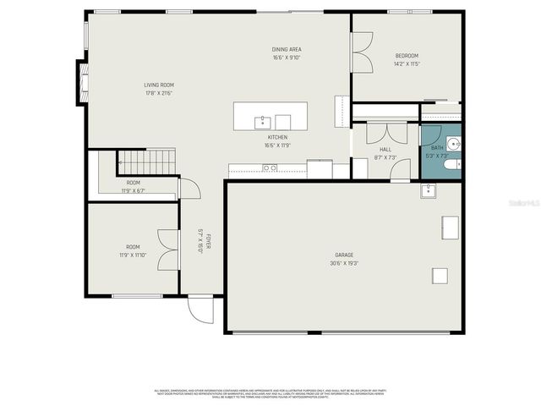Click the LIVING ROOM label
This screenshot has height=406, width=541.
pyautogui.click(x=158, y=85)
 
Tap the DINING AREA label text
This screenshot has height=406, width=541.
pyautogui.click(x=287, y=49)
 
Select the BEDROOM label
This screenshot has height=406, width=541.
pyautogui.click(x=407, y=56)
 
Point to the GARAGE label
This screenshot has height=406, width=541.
pyautogui.click(x=344, y=255)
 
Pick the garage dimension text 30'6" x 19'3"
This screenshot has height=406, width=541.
pyautogui.click(x=344, y=263)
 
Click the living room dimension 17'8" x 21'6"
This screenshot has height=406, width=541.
pyautogui.click(x=158, y=93)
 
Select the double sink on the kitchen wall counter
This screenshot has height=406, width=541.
pyautogui.click(x=270, y=168)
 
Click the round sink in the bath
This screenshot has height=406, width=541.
pyautogui.click(x=455, y=145)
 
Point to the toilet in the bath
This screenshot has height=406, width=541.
pyautogui.click(x=454, y=164)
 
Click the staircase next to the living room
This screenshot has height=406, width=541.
pyautogui.click(x=145, y=158)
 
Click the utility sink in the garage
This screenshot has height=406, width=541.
pyautogui.click(x=429, y=190)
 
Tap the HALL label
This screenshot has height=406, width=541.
pyautogui.click(x=385, y=149)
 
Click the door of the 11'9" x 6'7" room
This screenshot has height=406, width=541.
pyautogui.click(x=189, y=189)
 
